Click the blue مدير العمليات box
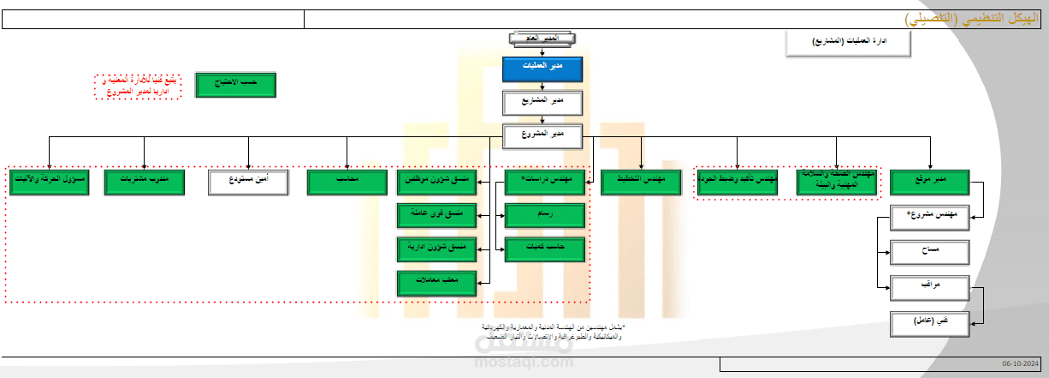[x=542, y=69]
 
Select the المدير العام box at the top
[x=542, y=39]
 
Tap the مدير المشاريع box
[x=542, y=102]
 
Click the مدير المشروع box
[x=542, y=135]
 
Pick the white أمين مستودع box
[x=249, y=182]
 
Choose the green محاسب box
[x=347, y=182]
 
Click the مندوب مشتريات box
[x=144, y=182]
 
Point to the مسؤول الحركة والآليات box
[x=50, y=182]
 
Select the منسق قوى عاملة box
[x=437, y=215]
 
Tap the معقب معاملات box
[x=437, y=282]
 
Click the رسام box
[x=545, y=215]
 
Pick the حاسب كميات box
[x=545, y=249]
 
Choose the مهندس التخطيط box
[x=641, y=182]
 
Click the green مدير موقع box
[x=929, y=182]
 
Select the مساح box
[x=929, y=251]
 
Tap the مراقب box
[x=929, y=286]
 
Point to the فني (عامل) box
[x=929, y=322]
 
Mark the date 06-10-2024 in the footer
[x=1023, y=365]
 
